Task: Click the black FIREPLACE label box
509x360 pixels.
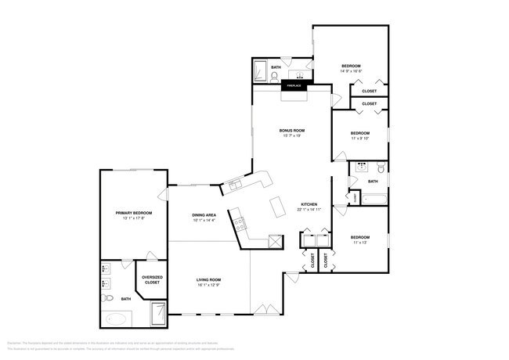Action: coord(294,85)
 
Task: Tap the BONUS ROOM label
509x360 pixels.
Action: coord(292,130)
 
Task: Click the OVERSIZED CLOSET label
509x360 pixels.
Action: coord(152,280)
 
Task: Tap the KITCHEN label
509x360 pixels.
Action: coord(308,206)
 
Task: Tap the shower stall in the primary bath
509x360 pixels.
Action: coord(158,315)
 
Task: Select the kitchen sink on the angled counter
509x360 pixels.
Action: coord(233,185)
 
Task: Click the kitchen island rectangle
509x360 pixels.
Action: coord(277,207)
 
